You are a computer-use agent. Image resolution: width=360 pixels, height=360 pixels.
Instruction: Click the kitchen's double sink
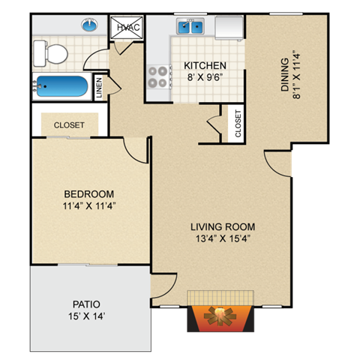pyautogui.click(x=190, y=28)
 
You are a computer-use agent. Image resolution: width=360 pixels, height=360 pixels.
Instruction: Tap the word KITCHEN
pyautogui.click(x=201, y=64)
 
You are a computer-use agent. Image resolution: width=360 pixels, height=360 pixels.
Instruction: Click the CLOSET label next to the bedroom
pyautogui.click(x=68, y=124)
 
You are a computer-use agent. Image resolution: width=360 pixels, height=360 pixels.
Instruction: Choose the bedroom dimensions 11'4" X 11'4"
pyautogui.click(x=88, y=204)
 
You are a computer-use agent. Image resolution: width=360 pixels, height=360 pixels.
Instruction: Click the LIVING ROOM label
pyautogui.click(x=222, y=226)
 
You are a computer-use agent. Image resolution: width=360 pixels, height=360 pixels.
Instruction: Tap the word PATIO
pyautogui.click(x=86, y=304)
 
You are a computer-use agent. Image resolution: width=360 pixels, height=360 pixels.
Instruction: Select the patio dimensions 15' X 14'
pyautogui.click(x=86, y=316)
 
